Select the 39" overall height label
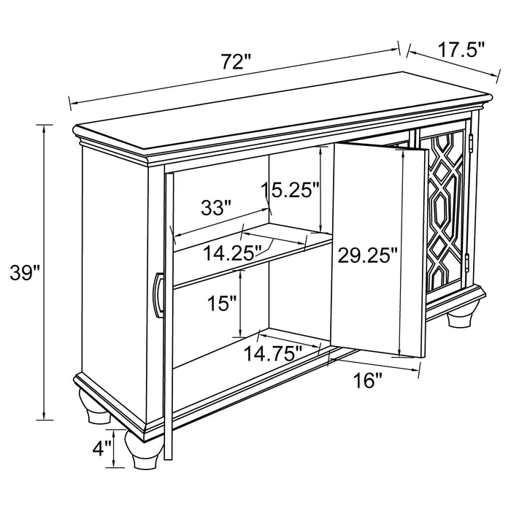tap(24, 273)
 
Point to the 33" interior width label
tap(216, 207)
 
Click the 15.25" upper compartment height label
tap(291, 191)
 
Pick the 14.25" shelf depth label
tap(232, 253)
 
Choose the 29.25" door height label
tap(367, 255)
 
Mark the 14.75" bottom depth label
tap(273, 353)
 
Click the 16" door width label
tap(368, 380)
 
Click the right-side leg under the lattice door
tap(458, 321)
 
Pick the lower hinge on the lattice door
tap(467, 266)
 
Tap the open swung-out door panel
tap(377, 248)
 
